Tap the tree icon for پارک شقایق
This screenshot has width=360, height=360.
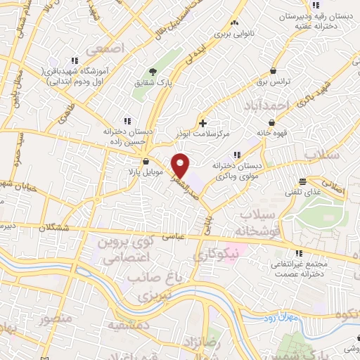pos(152,72)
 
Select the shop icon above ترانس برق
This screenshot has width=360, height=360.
pos(273,70)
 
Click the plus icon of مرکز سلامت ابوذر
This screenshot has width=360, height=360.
pos(203,123)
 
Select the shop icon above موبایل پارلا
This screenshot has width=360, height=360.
pos(146,161)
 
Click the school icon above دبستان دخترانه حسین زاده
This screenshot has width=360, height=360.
pos(127,120)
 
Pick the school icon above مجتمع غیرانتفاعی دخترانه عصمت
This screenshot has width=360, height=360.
pos(299,253)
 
